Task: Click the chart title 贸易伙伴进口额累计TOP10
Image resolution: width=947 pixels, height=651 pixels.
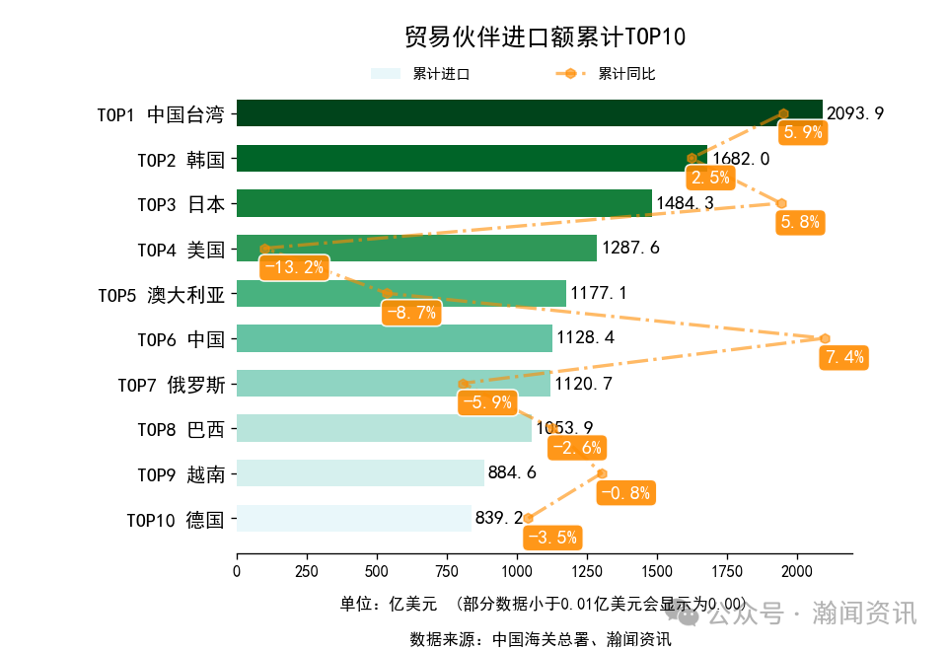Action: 545,37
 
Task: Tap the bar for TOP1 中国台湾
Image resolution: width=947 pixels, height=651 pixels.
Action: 529,113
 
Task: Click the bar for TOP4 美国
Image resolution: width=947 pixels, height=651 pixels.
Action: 416,249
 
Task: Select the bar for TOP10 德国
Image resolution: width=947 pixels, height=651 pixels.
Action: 353,519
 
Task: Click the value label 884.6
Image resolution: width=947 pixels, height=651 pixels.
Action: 512,473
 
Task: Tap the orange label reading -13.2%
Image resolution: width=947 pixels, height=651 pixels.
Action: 293,267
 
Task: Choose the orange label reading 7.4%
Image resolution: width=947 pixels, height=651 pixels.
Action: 844,357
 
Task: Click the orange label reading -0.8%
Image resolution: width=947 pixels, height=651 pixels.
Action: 625,493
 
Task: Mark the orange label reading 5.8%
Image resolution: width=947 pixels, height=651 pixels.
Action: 800,222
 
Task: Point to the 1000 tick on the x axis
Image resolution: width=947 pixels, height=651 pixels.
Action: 517,571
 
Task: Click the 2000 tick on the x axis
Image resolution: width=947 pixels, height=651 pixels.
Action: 797,571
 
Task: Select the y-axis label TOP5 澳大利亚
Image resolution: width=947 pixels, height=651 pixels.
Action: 162,294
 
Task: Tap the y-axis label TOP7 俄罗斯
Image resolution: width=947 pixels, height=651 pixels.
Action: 172,385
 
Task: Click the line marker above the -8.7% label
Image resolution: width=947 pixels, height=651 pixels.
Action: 388,294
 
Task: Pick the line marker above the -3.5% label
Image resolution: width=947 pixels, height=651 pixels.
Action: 528,518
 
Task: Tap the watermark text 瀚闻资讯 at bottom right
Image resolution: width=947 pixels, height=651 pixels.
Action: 864,614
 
